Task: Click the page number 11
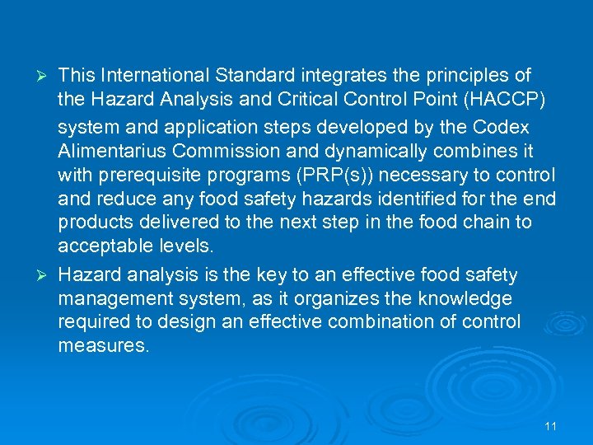551,426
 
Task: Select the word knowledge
465,297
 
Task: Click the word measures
104,346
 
